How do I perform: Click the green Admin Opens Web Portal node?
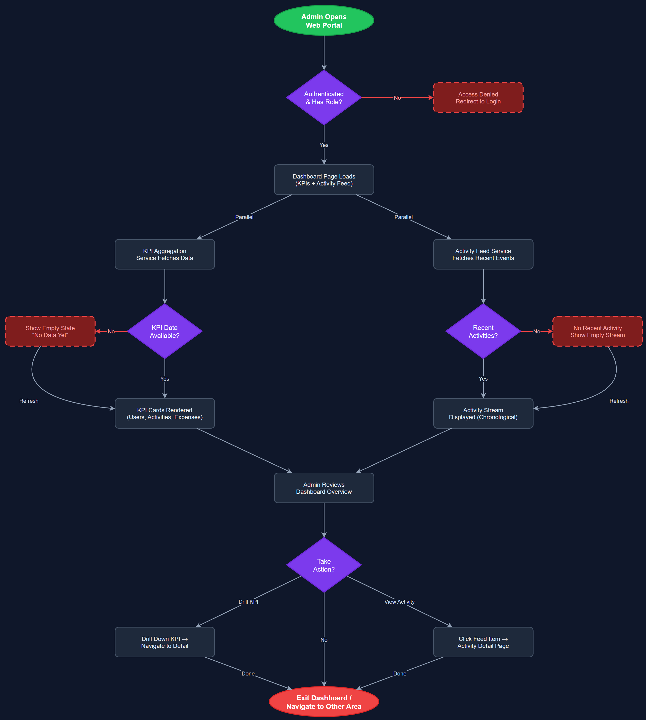pyautogui.click(x=324, y=21)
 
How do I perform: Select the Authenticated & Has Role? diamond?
pyautogui.click(x=324, y=97)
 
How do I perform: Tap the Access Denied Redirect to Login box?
pyautogui.click(x=478, y=97)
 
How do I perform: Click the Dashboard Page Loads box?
pyautogui.click(x=324, y=180)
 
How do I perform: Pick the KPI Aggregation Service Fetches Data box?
pyautogui.click(x=165, y=254)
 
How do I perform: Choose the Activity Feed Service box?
pyautogui.click(x=483, y=254)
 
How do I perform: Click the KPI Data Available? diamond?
pyautogui.click(x=165, y=331)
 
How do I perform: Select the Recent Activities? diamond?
pyautogui.click(x=483, y=331)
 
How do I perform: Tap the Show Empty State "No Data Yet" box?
pyautogui.click(x=50, y=331)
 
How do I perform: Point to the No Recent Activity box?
pyautogui.click(x=597, y=331)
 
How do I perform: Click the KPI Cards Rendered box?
pyautogui.click(x=165, y=413)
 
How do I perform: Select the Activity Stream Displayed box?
pyautogui.click(x=483, y=413)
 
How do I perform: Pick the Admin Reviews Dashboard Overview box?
pyautogui.click(x=324, y=488)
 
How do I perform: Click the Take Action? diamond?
pyautogui.click(x=324, y=565)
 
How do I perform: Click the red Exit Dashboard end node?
pyautogui.click(x=324, y=702)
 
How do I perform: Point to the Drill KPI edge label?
pyautogui.click(x=248, y=602)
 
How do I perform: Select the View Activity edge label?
pyautogui.click(x=399, y=602)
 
